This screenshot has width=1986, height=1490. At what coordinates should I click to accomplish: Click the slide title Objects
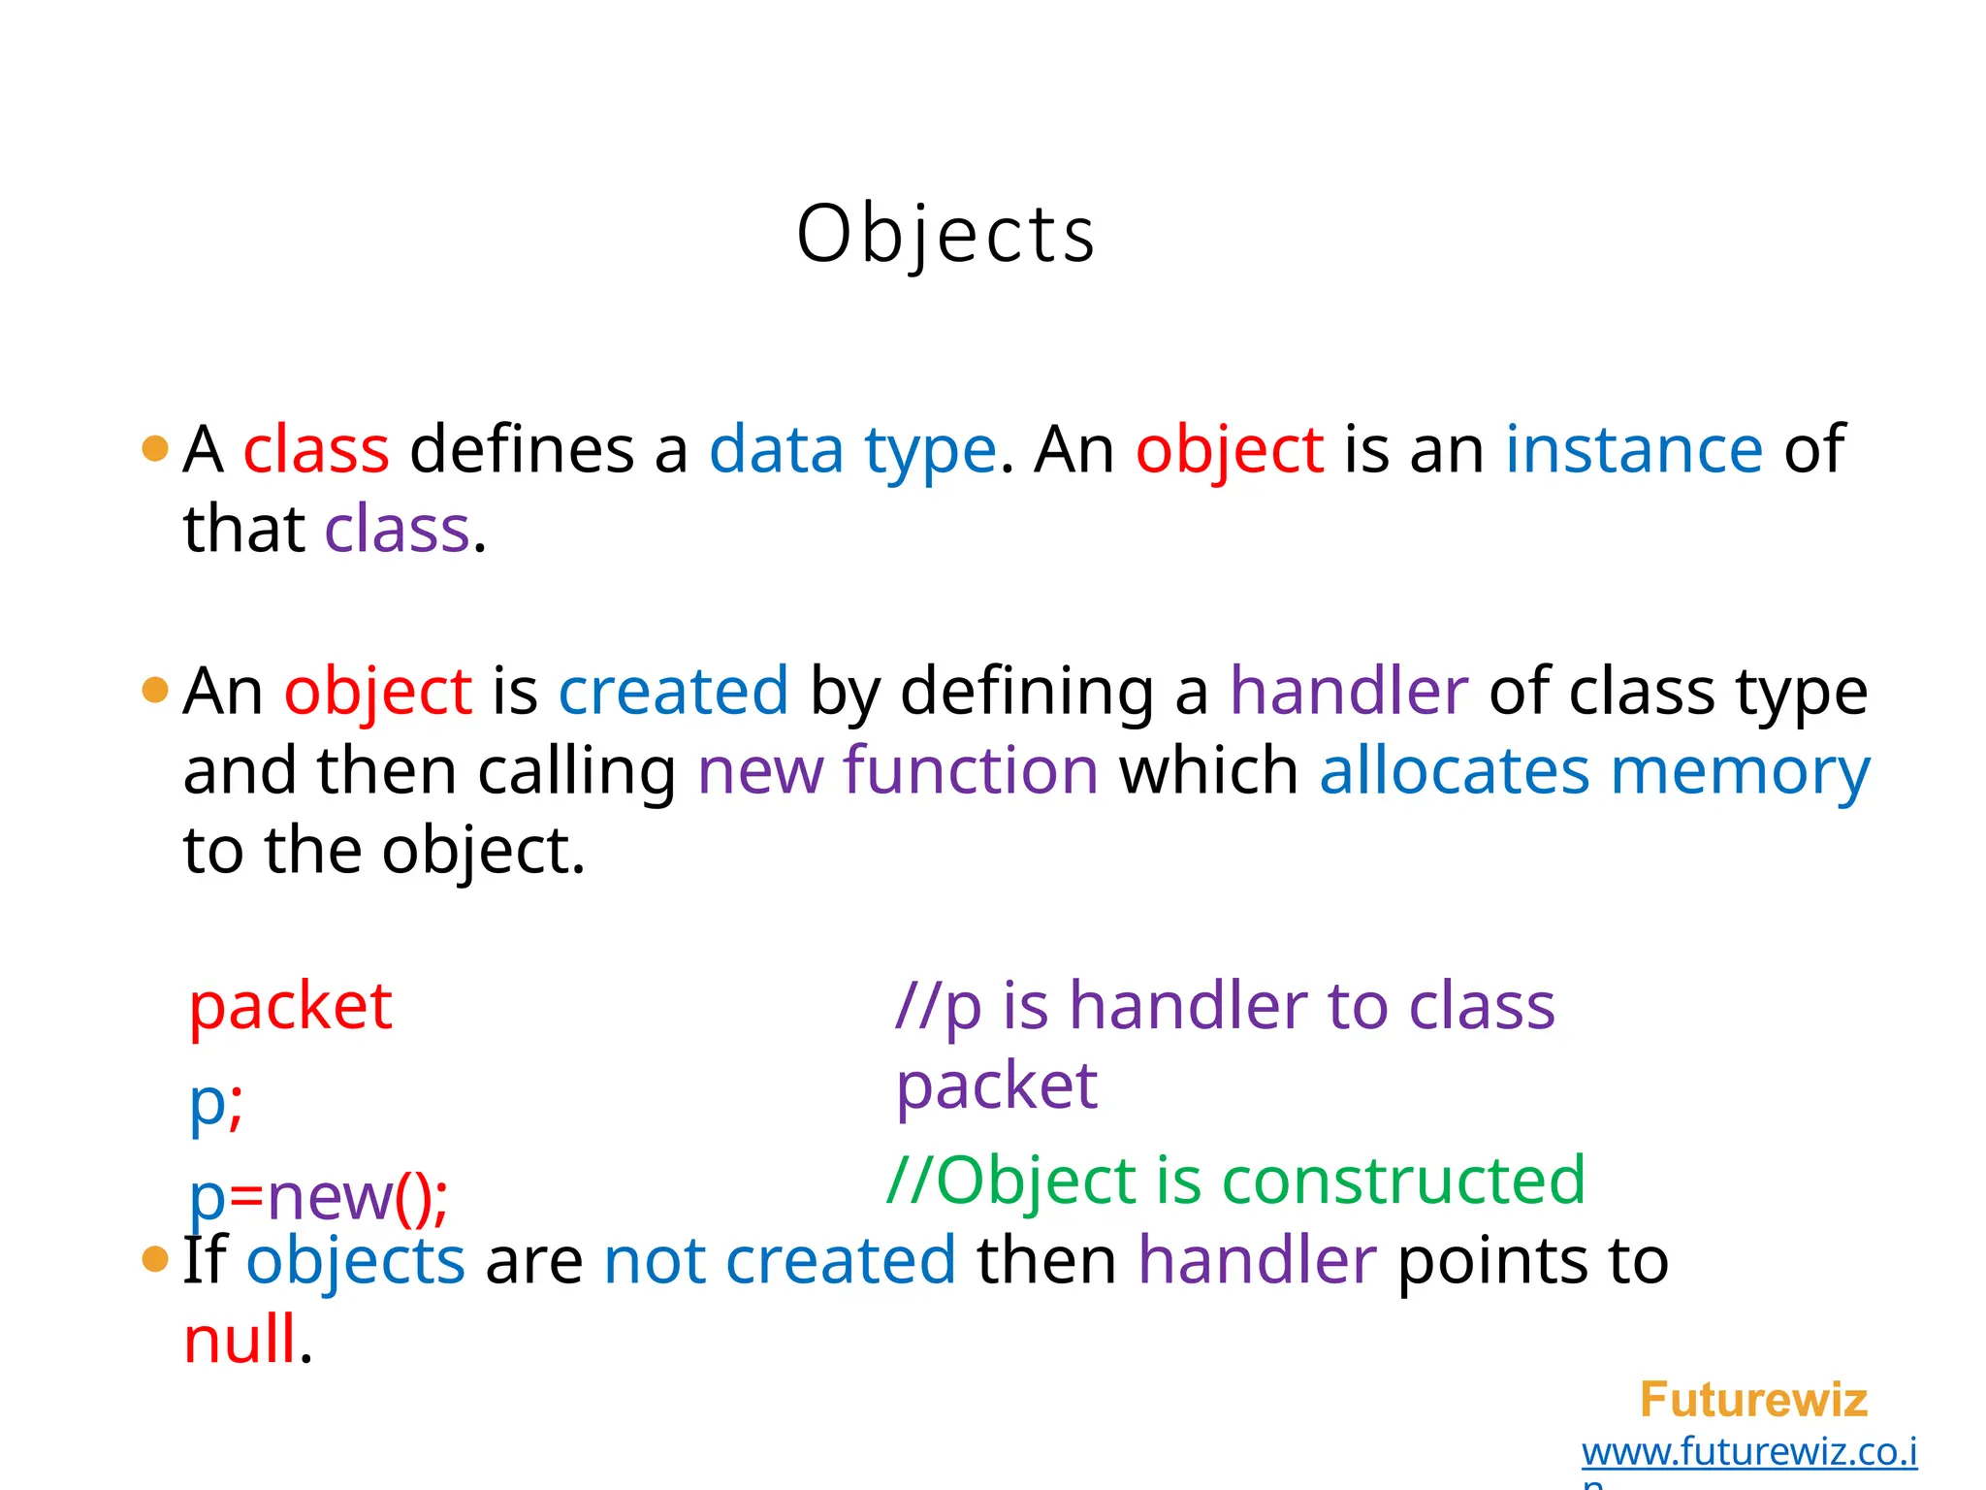(x=945, y=234)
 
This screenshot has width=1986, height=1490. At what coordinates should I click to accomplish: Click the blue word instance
(x=1634, y=449)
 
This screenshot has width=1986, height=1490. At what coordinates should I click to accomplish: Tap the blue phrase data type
(x=852, y=451)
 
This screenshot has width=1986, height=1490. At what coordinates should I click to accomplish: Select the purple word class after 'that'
(x=398, y=530)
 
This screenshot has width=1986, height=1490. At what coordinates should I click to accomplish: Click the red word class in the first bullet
(x=316, y=449)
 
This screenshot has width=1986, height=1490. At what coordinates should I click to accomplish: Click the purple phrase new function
(x=898, y=771)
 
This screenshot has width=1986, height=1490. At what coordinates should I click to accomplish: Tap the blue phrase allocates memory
(x=1594, y=771)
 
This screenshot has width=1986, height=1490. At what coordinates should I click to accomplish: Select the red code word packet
(x=290, y=1006)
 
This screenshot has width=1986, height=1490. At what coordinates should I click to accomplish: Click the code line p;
(x=215, y=1104)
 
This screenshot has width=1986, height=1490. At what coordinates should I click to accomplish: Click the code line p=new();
(x=318, y=1197)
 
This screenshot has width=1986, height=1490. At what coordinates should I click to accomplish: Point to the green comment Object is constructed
(x=1236, y=1181)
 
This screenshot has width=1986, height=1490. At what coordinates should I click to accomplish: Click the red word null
(x=240, y=1340)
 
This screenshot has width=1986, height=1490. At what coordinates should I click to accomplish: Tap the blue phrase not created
(x=780, y=1260)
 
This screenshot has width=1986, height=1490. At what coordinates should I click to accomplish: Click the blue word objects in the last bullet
(x=356, y=1260)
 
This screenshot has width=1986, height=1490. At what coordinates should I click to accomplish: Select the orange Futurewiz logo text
(x=1753, y=1400)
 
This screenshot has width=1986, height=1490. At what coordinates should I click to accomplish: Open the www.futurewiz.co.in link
(x=1748, y=1452)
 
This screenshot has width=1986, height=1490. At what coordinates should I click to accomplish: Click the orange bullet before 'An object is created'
(x=155, y=691)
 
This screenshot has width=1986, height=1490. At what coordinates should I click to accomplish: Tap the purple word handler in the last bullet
(x=1257, y=1260)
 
